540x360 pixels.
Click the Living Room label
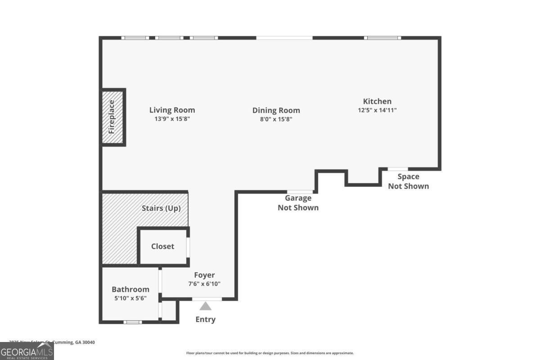(172, 110)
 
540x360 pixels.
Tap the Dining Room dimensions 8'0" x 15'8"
(276, 119)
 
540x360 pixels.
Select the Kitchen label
(377, 101)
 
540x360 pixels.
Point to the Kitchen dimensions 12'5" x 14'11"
(377, 110)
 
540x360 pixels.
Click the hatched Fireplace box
(112, 117)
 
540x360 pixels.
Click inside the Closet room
(162, 246)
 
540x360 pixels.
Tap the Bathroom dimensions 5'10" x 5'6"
(130, 298)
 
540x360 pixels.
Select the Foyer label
(204, 275)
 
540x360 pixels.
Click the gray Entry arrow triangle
(206, 306)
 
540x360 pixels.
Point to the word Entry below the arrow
(205, 319)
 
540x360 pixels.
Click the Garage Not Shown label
(298, 202)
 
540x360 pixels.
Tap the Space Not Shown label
(408, 181)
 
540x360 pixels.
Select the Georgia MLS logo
(27, 351)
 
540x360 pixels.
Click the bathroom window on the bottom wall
(133, 322)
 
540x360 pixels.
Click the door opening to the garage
(300, 192)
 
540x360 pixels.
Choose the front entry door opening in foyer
(207, 299)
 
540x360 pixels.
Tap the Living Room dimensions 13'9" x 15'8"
(172, 119)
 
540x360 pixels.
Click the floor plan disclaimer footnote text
(270, 353)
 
